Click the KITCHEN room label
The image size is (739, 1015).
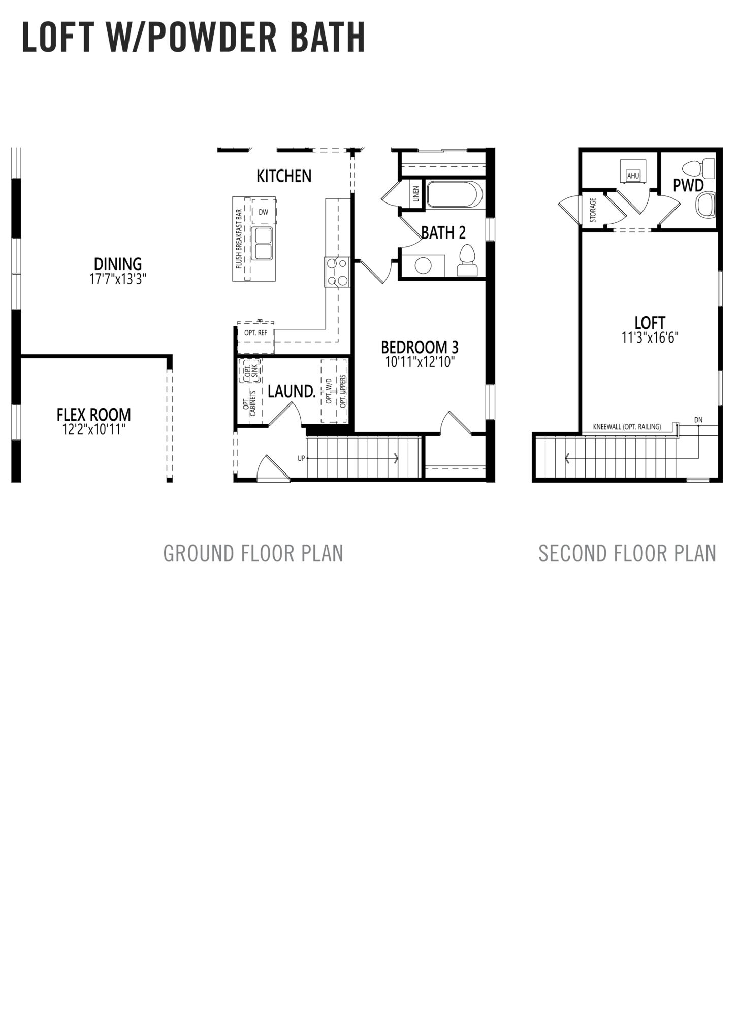(284, 176)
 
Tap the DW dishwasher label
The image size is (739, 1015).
(263, 212)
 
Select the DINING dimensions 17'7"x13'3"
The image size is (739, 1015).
(118, 279)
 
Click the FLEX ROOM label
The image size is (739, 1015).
(93, 415)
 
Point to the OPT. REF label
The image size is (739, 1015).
(255, 333)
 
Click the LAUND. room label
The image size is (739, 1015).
(292, 391)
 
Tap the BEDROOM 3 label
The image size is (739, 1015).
(420, 347)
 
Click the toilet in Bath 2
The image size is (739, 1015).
(467, 260)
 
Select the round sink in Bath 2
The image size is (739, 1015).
(423, 265)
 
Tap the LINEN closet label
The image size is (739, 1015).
(416, 193)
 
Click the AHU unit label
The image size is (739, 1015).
(633, 176)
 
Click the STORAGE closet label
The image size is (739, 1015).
(593, 210)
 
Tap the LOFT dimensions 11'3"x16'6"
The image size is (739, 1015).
(650, 337)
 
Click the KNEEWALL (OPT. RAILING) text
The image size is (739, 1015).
(627, 427)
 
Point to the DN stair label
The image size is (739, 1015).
(698, 420)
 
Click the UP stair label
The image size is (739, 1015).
(301, 458)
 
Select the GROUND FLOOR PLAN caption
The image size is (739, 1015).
(253, 553)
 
